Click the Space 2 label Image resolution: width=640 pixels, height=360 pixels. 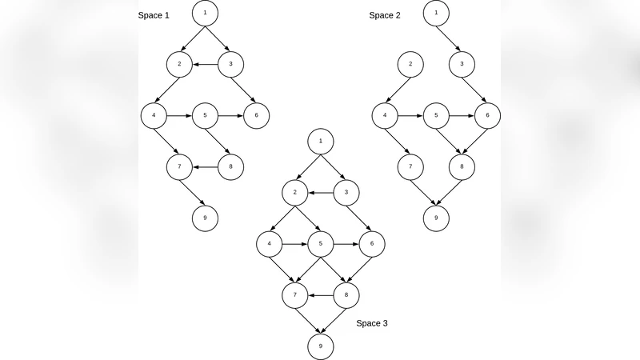[385, 15]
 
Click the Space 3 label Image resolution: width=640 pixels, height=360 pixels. [372, 322]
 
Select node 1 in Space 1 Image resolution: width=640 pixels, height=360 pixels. [206, 13]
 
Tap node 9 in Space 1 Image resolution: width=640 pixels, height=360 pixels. [206, 218]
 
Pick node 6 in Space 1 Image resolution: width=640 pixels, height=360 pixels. [256, 115]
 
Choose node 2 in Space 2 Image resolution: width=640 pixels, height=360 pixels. [410, 64]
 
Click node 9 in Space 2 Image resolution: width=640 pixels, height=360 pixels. [436, 218]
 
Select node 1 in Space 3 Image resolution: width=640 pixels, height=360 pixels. [320, 141]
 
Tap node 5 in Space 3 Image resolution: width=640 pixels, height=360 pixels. [320, 243]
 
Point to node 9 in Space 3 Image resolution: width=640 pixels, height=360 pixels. [320, 346]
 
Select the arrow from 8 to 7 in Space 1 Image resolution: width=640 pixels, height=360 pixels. [205, 166]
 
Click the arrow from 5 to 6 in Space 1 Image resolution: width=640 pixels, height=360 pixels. [230, 115]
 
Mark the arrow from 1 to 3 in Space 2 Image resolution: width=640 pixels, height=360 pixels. [449, 38]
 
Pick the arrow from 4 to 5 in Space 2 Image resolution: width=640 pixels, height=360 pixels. [410, 115]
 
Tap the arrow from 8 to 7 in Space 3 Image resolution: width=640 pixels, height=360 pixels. [320, 294]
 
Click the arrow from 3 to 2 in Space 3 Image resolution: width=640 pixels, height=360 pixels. [320, 192]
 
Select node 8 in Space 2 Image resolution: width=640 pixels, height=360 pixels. [462, 166]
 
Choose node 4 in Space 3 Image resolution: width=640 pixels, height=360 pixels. [270, 243]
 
